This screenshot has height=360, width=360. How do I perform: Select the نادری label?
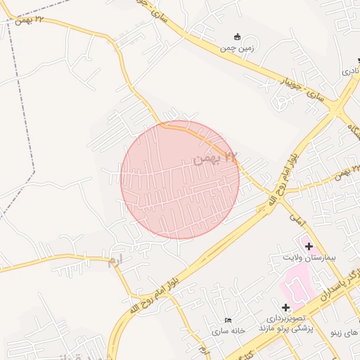(x=350, y=72)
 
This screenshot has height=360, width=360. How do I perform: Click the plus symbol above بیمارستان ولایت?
(x=309, y=245)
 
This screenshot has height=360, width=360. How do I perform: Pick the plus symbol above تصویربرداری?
(x=285, y=307)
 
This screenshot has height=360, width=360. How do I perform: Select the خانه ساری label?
(x=228, y=330)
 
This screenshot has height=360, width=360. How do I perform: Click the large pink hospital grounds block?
(x=300, y=288)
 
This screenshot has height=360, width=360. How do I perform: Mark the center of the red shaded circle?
(x=180, y=180)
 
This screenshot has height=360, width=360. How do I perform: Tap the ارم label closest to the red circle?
(x=114, y=261)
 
